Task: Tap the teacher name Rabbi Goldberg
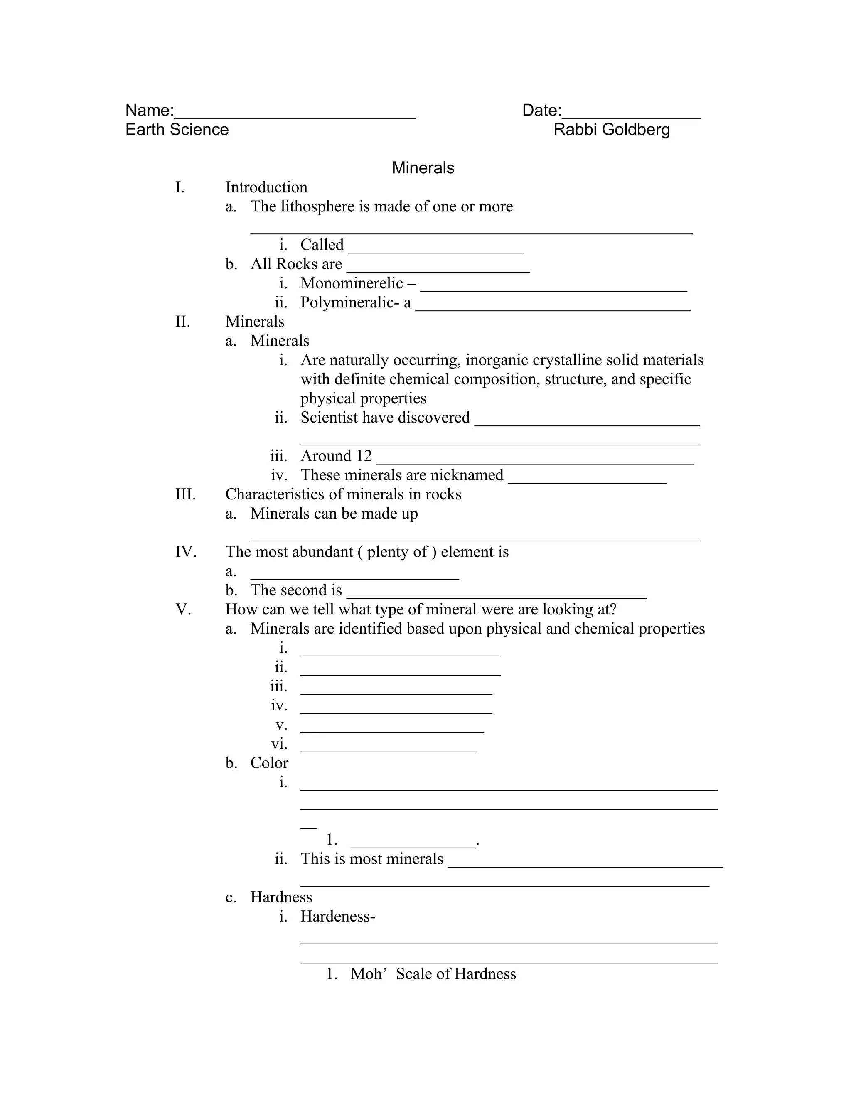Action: [612, 130]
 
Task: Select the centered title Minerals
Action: [423, 168]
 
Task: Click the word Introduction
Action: [266, 187]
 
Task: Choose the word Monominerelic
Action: [352, 283]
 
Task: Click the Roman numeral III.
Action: [185, 494]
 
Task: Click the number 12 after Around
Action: [364, 456]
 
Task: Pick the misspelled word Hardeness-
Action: [338, 916]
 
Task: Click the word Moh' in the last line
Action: [368, 973]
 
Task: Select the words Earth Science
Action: [177, 130]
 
